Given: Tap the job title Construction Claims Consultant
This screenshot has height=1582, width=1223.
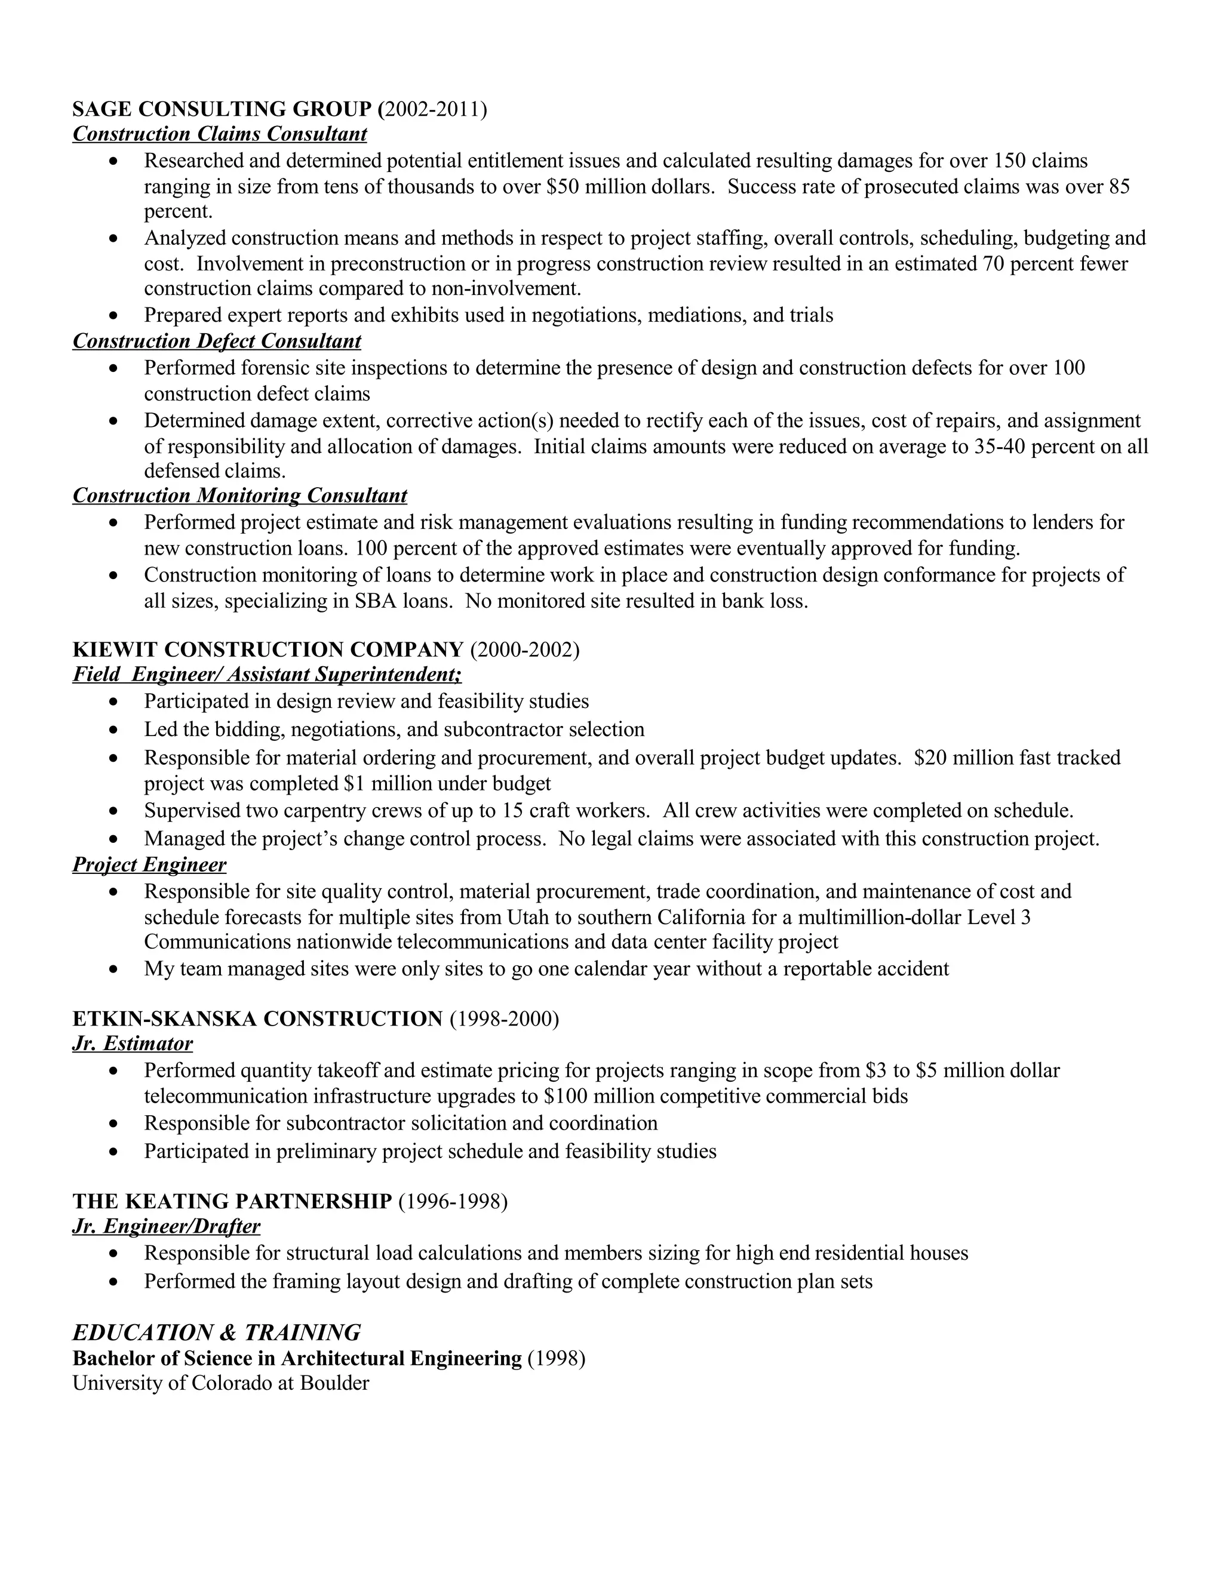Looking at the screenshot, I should pyautogui.click(x=220, y=134).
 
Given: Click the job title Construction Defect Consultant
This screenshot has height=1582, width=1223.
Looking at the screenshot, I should pyautogui.click(x=217, y=341).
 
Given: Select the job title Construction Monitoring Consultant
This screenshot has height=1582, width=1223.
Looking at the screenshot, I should pyautogui.click(x=240, y=495).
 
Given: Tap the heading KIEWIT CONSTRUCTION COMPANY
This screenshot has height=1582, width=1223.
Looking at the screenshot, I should pyautogui.click(x=268, y=650).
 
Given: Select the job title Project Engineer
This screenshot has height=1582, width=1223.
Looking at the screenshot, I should pyautogui.click(x=149, y=865).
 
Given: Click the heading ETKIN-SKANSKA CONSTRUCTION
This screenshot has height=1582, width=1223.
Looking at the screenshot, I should pyautogui.click(x=257, y=1019).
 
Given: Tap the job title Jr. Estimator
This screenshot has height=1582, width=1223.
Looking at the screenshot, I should pyautogui.click(x=133, y=1044).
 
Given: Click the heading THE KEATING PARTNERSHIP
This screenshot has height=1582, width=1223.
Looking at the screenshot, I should pyautogui.click(x=232, y=1202).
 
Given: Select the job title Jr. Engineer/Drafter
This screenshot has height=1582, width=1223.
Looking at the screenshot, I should pyautogui.click(x=166, y=1226).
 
